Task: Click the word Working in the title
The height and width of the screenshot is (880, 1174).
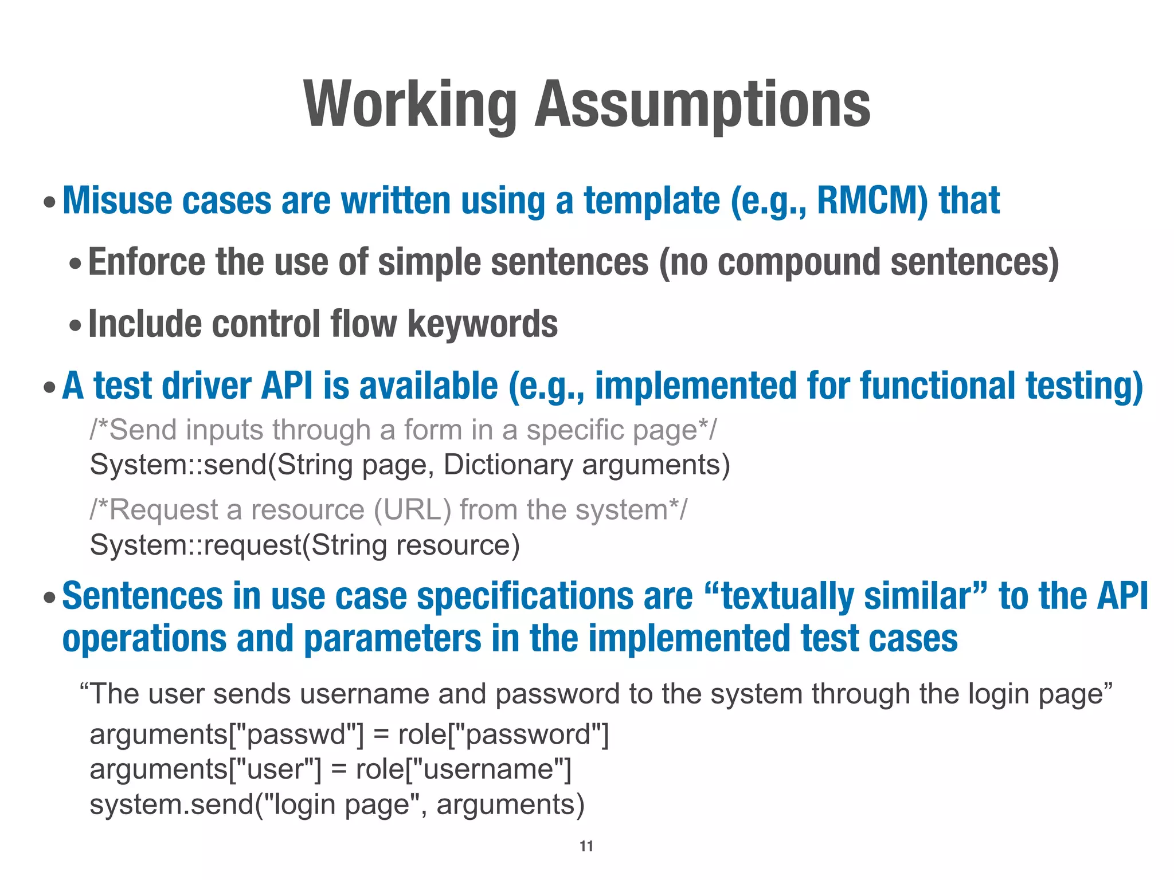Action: click(410, 105)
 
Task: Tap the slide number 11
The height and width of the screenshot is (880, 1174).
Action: click(586, 846)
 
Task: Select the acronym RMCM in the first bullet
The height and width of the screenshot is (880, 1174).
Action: click(872, 201)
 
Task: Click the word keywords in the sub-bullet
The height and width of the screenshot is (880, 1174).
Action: click(482, 324)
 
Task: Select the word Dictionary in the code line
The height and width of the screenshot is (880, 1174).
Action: click(508, 465)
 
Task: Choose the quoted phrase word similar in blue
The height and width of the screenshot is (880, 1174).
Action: click(925, 596)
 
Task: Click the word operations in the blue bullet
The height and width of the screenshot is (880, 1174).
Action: click(144, 639)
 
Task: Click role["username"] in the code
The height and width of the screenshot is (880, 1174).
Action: click(463, 769)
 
